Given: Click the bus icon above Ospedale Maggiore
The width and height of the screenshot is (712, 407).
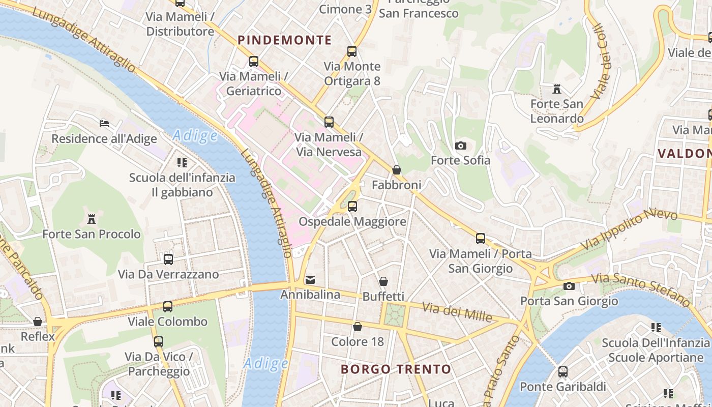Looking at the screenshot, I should pos(352,207).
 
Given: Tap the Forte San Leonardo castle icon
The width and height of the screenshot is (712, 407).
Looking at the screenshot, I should pos(557,90).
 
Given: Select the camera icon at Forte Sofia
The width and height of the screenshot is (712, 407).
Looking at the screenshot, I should pos(460,146).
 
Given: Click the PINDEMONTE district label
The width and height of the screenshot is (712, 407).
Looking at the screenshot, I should pos(285,40).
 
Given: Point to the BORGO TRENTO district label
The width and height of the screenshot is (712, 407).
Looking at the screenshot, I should pos(396,369).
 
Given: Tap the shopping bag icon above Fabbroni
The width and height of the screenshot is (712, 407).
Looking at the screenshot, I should pos(397,170).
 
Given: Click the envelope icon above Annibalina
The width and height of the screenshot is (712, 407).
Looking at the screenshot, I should pos(310,280).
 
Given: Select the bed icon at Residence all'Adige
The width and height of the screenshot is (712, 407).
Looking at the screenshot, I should pos(104,123).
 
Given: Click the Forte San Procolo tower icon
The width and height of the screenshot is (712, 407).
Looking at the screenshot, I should pos(92,219).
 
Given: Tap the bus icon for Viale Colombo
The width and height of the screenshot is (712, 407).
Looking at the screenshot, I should pos(168,307).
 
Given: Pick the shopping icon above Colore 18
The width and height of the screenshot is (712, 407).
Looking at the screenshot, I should pos(358,327).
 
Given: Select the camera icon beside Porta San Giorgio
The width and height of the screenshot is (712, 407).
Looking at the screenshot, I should pos(569,286).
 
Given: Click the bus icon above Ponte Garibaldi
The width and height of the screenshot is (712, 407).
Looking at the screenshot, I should pos(562,372).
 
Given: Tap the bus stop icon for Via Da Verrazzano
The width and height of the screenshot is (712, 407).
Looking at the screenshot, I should pos(168,259).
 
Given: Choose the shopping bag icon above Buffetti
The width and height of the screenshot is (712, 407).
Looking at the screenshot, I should pos(383,281).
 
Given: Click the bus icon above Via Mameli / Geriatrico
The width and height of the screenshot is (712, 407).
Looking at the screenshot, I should pos(254,62).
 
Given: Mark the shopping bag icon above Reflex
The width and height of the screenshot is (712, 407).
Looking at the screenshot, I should pos(38,322).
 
